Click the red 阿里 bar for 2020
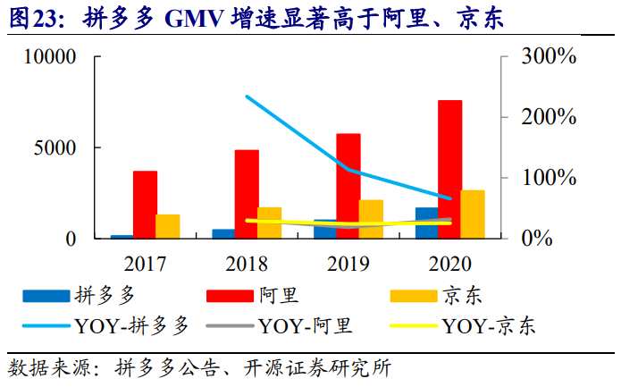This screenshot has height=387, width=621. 449,169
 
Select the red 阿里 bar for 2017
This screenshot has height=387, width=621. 145,205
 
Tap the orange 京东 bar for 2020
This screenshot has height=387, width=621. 473,215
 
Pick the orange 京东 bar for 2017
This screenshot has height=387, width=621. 167,226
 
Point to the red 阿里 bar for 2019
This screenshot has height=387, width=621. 348,186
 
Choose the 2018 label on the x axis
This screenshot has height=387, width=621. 247,265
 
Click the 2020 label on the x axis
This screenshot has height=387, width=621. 449,265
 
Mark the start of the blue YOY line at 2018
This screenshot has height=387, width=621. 247,97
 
